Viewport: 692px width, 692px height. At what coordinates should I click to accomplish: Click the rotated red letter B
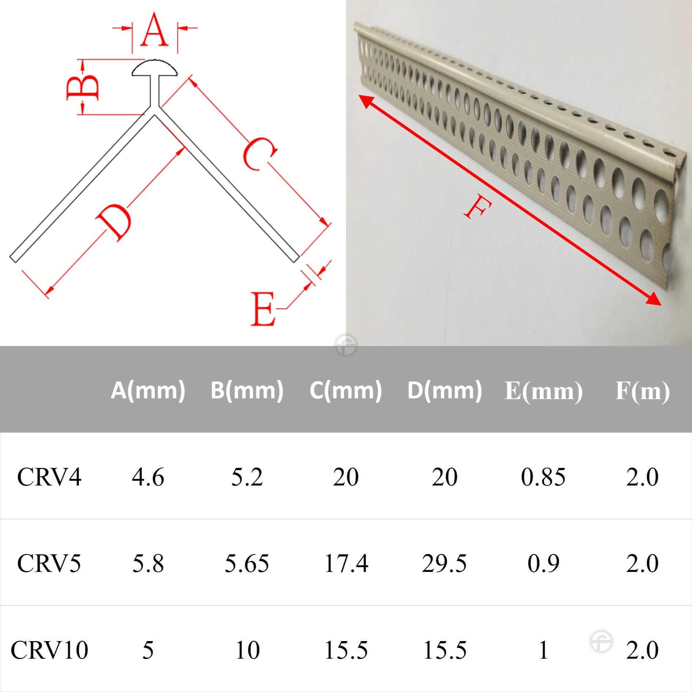click(83, 87)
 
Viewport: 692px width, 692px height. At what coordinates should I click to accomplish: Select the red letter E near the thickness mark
click(263, 309)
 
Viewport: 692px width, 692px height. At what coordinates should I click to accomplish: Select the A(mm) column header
click(148, 390)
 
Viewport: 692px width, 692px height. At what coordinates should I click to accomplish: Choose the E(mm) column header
click(543, 391)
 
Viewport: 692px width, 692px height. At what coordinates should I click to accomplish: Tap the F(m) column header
click(643, 391)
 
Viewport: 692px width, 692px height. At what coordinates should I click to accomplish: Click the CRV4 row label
click(49, 477)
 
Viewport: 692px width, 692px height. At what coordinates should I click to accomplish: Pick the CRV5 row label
click(49, 563)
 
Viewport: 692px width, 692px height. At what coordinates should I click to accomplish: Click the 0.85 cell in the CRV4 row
click(543, 477)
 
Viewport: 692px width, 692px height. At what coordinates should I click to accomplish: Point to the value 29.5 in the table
click(444, 563)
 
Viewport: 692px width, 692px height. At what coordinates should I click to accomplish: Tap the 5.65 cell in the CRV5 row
click(247, 563)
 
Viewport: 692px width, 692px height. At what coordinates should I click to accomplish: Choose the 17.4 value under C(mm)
click(346, 563)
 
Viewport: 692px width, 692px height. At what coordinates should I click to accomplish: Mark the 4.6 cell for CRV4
click(148, 477)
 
